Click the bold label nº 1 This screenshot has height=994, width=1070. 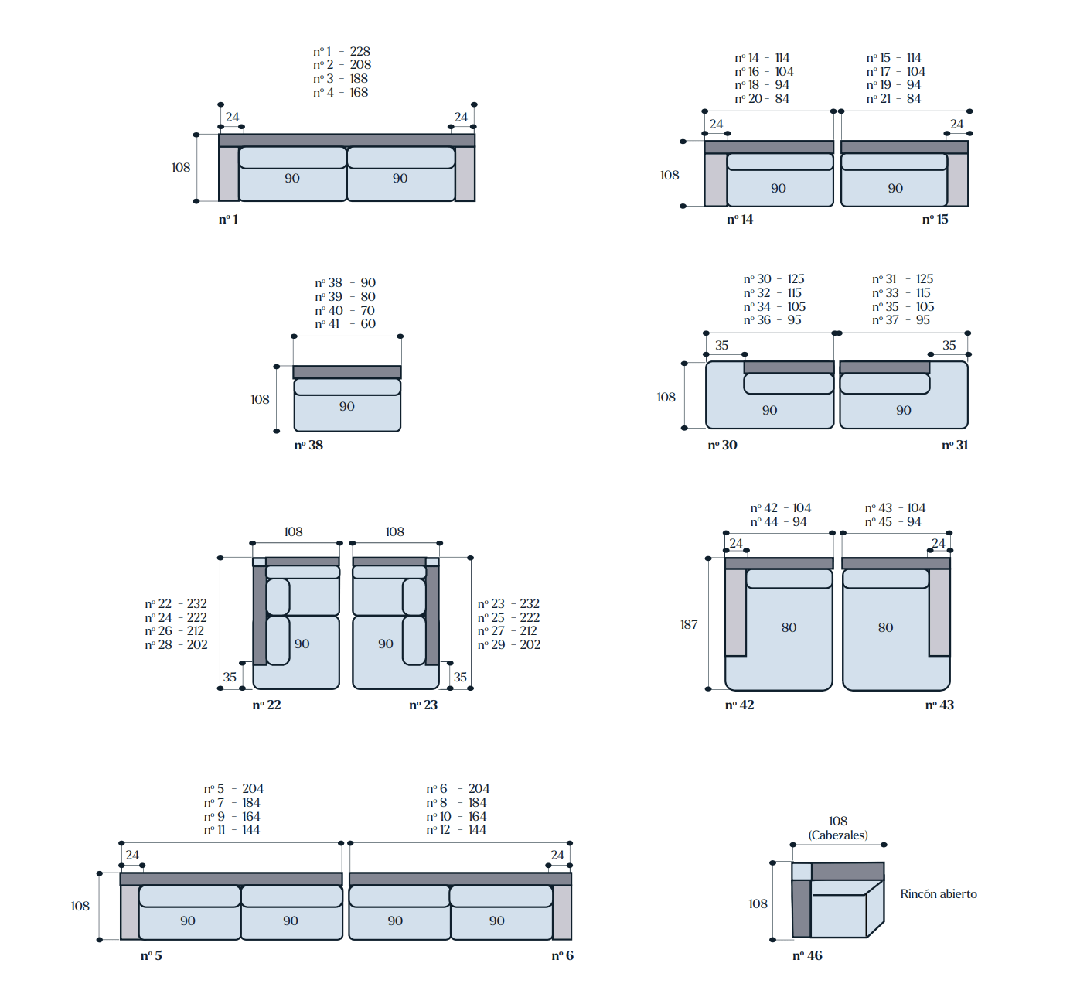coord(228,219)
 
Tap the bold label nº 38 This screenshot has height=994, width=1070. coord(308,445)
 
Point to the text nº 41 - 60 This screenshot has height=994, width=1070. coord(345,323)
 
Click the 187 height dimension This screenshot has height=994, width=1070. coord(689,624)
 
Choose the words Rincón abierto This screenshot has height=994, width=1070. coord(938,893)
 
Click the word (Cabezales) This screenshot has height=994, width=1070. coord(838,835)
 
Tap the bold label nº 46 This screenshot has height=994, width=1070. coord(807,955)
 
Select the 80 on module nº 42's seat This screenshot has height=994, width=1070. coord(789,627)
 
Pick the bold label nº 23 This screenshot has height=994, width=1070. coord(423,705)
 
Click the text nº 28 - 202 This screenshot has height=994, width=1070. coord(175,644)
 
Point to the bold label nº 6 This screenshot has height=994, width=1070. coord(562,955)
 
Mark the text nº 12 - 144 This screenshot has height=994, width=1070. coord(456,829)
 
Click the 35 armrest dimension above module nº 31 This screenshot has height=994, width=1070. coord(949,345)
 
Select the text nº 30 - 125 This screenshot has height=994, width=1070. coord(774,278)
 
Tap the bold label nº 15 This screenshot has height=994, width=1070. coord(935,219)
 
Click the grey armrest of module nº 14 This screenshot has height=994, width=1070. coord(715,179)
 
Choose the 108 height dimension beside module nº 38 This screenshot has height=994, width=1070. coord(260,399)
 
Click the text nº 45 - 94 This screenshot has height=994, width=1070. coord(893,521)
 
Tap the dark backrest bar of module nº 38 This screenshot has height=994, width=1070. coord(347,372)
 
